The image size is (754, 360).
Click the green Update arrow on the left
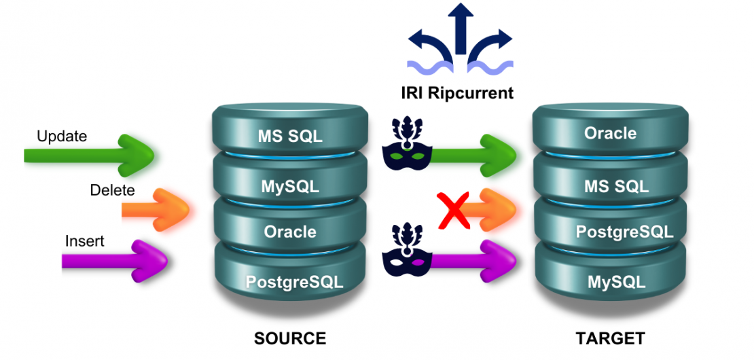click(88, 156)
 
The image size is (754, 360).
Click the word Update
click(62, 136)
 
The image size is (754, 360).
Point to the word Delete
click(112, 190)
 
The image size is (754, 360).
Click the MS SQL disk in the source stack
click(290, 135)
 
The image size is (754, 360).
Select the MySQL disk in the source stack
click(290, 185)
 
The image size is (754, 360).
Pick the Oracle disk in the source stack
click(290, 232)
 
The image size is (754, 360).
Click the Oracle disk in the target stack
click(610, 133)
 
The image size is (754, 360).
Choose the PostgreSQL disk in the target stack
click(624, 232)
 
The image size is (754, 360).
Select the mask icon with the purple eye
click(406, 252)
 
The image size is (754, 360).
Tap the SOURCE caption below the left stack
click(290, 338)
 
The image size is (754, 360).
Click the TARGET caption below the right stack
click(610, 338)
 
